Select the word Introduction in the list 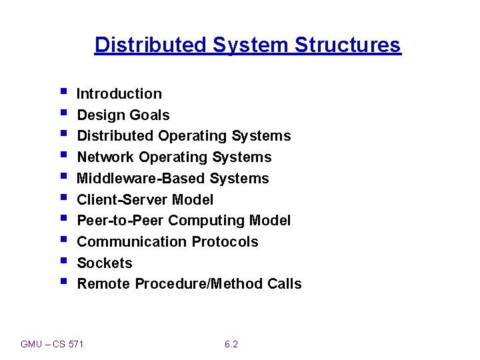pyautogui.click(x=119, y=94)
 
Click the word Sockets pyautogui.click(x=105, y=263)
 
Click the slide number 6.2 pyautogui.click(x=231, y=344)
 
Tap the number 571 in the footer pyautogui.click(x=76, y=344)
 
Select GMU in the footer pyautogui.click(x=31, y=344)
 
